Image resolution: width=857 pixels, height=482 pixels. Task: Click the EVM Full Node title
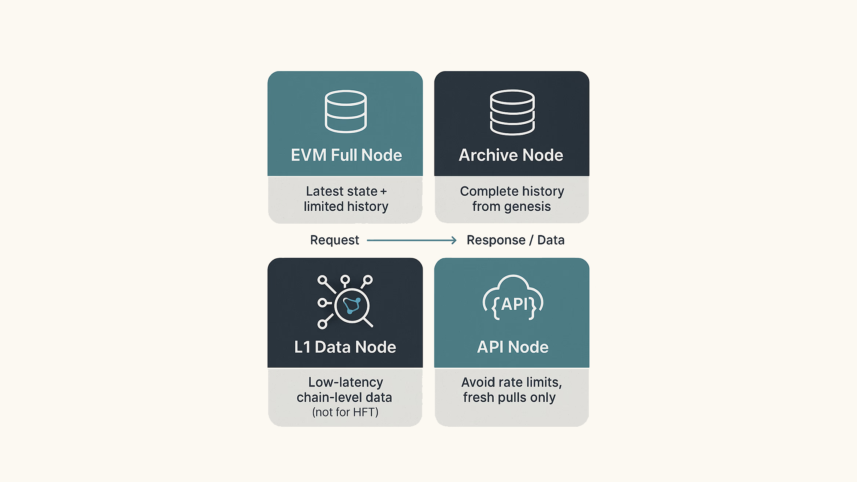click(x=346, y=155)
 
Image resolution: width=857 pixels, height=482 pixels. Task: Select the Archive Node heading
click(x=511, y=155)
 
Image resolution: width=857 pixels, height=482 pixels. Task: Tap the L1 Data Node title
click(x=345, y=347)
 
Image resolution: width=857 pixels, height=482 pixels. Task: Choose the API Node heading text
click(x=512, y=347)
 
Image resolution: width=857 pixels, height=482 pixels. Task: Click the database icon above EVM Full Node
click(x=345, y=111)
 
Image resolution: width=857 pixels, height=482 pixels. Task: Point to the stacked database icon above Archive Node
click(x=512, y=112)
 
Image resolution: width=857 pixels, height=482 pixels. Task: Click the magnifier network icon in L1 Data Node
click(x=345, y=302)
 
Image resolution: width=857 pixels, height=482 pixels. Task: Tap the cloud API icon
click(x=513, y=298)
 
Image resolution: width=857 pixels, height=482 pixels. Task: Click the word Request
click(x=334, y=240)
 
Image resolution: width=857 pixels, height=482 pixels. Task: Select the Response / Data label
click(x=515, y=240)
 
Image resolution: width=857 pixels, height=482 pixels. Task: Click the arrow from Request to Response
click(x=412, y=241)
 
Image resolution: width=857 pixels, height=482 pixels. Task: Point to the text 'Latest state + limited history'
click(x=346, y=199)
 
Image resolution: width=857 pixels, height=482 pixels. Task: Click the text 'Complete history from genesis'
click(x=512, y=199)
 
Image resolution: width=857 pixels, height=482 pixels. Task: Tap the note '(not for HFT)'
click(x=345, y=412)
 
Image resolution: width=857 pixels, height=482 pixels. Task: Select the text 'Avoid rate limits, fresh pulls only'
click(x=511, y=390)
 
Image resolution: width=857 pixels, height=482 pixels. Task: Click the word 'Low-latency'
click(x=345, y=382)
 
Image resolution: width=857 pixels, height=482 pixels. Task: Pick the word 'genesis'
click(x=527, y=207)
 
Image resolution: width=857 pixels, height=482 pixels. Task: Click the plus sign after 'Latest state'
click(x=384, y=192)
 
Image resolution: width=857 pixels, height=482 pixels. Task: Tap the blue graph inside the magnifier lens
click(x=352, y=305)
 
